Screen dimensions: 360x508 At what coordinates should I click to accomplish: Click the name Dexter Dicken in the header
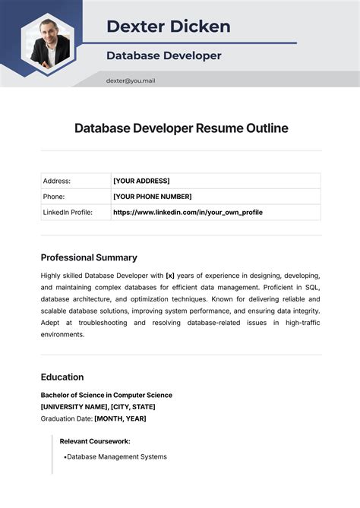168,27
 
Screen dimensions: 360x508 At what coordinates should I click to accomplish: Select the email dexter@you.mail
131,80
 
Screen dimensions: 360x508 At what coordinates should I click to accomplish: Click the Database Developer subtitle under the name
163,55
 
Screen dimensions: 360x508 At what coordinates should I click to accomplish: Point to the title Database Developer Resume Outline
181,128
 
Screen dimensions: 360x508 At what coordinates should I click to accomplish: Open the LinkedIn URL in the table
188,213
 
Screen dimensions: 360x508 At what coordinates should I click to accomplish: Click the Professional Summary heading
89,257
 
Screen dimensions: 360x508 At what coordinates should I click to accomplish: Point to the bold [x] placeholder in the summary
170,275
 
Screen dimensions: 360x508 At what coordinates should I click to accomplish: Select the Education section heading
62,377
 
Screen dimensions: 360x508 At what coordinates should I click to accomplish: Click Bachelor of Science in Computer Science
106,395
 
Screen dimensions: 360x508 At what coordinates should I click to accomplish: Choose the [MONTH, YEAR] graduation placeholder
120,418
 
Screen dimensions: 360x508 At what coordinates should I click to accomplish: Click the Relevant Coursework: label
95,440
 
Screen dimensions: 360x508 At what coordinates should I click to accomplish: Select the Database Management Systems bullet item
116,456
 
